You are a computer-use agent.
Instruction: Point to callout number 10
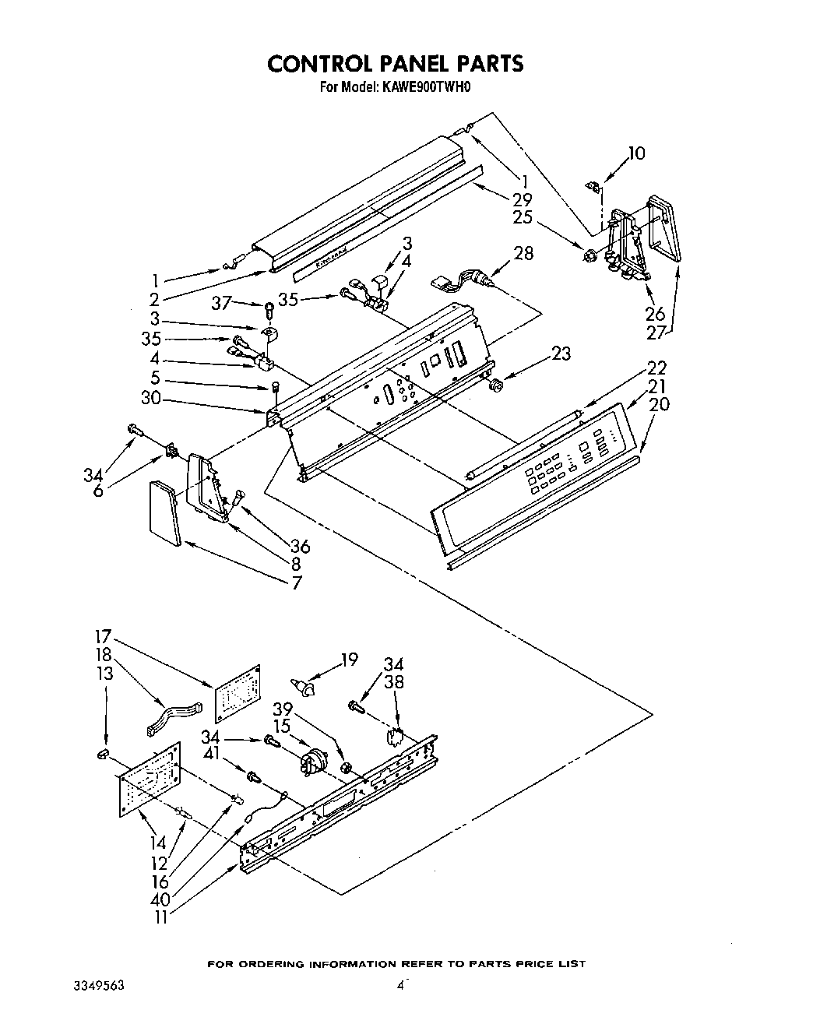point(635,153)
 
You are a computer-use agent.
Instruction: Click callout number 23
point(560,354)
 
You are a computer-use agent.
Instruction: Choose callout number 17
point(104,635)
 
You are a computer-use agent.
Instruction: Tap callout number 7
point(296,582)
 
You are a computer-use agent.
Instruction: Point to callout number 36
point(299,547)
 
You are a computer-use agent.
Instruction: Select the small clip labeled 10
point(593,185)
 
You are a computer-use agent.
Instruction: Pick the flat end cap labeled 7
point(164,512)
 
